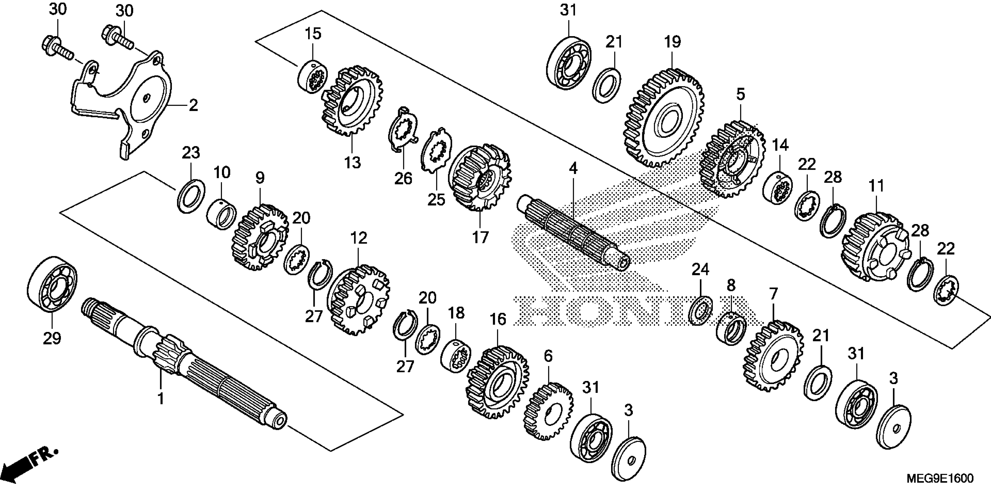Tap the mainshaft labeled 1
coord(185,366)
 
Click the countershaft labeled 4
coord(573,235)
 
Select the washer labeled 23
coord(191,196)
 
